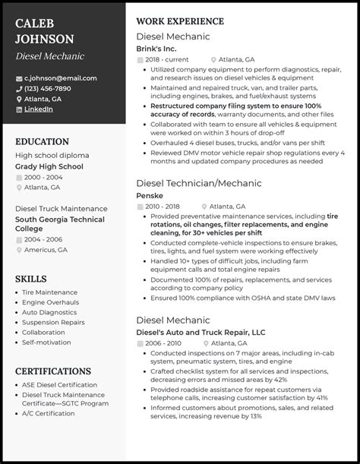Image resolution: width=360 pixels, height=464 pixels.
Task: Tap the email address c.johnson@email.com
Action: [x=61, y=77]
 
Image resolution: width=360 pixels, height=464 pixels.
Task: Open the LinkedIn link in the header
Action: [x=39, y=109]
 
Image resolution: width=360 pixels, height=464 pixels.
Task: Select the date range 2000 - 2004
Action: [x=44, y=176]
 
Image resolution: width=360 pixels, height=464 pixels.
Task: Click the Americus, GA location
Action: [x=46, y=249]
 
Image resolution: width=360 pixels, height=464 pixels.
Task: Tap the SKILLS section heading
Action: [x=31, y=279]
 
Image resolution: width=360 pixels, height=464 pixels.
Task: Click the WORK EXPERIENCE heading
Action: [x=179, y=21]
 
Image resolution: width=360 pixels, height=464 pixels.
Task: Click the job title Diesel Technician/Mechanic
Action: [x=198, y=183]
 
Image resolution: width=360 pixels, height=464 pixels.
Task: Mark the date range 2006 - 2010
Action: [x=166, y=342]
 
